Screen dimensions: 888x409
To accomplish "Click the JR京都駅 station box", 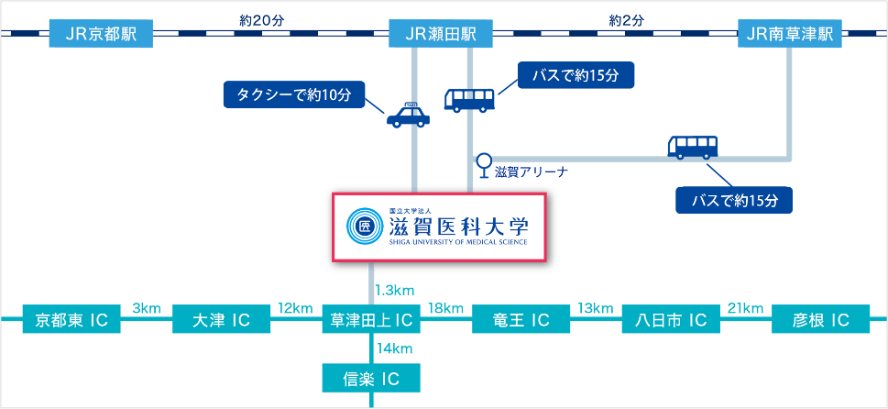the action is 102,33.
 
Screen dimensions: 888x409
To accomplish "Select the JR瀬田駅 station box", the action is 442,33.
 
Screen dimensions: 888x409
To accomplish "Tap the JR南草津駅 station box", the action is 790,33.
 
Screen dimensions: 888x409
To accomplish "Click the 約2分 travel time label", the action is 626,21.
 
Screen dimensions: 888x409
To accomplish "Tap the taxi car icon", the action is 409,115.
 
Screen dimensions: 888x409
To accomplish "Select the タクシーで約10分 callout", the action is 294,95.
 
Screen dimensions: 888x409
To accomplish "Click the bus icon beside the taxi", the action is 469,100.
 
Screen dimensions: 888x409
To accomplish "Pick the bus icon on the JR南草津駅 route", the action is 693,147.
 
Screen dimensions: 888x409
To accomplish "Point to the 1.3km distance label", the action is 395,292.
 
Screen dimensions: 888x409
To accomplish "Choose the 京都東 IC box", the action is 71,320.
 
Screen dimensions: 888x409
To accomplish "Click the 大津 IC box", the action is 222,320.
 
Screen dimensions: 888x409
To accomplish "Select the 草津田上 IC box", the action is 371,320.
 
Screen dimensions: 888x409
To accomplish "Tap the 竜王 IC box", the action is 521,320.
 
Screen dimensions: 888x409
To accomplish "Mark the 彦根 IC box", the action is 820,320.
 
